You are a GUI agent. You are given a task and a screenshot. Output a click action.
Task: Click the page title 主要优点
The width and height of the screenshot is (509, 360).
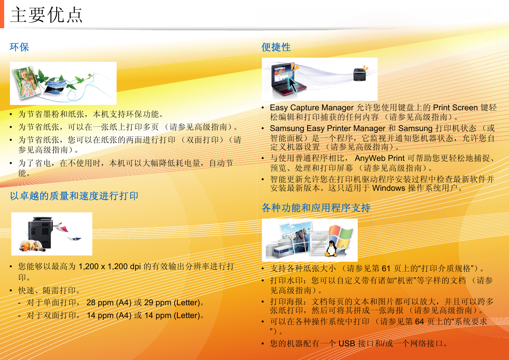tap(46, 15)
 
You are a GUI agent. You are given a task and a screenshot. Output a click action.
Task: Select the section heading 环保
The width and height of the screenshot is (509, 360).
tap(19, 47)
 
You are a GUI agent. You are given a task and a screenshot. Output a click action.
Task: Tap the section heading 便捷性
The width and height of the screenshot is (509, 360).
tap(276, 47)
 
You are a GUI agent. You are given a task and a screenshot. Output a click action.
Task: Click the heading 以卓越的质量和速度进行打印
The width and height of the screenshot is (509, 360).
tap(74, 196)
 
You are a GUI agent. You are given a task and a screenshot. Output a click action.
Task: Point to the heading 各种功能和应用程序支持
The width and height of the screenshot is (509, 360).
tap(316, 208)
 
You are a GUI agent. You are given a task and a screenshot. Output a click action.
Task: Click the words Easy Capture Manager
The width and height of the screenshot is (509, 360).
tap(312, 107)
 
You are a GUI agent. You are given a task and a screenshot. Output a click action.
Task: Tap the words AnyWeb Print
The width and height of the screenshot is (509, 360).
tap(380, 158)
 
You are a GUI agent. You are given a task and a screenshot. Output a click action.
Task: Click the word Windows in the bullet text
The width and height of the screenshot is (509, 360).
tap(388, 188)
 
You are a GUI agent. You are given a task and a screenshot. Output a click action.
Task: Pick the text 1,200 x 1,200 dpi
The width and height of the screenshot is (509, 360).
tap(110, 266)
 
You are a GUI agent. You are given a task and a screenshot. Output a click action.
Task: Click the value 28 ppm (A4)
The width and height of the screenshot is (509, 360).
tap(109, 303)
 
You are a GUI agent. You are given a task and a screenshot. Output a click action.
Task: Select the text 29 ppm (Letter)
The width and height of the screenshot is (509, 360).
tap(172, 303)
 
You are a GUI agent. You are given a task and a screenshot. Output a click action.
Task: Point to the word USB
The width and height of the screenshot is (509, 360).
tap(347, 343)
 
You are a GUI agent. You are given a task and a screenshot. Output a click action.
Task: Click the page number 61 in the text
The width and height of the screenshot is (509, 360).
tap(386, 269)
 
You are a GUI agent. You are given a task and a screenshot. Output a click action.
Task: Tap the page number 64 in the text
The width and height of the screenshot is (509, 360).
tap(419, 321)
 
